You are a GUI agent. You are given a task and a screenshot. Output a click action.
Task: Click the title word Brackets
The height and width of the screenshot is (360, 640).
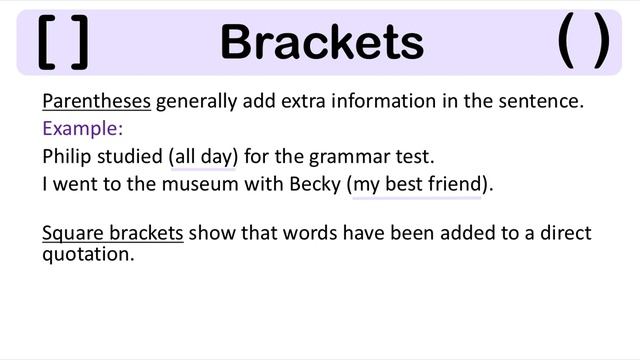[x=321, y=43]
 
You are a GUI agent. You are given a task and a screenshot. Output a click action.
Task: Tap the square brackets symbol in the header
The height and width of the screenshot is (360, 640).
[x=62, y=43]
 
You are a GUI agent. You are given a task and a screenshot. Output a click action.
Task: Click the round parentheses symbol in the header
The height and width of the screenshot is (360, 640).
[x=583, y=43]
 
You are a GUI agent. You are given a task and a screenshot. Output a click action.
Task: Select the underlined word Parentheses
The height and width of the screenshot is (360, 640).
[x=96, y=102]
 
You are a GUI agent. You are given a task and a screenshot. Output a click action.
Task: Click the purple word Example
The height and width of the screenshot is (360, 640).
[x=82, y=129]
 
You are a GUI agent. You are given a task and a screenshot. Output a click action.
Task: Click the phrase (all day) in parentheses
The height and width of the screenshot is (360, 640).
[x=204, y=157]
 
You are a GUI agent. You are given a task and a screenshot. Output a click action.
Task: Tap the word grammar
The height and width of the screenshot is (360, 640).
[x=351, y=157]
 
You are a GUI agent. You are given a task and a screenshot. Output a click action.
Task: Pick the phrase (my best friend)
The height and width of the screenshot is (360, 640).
[x=420, y=185]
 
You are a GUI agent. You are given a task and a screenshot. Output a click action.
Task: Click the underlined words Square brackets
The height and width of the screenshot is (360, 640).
[x=112, y=233]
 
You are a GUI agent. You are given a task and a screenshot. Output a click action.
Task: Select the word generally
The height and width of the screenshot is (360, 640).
[x=196, y=102]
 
